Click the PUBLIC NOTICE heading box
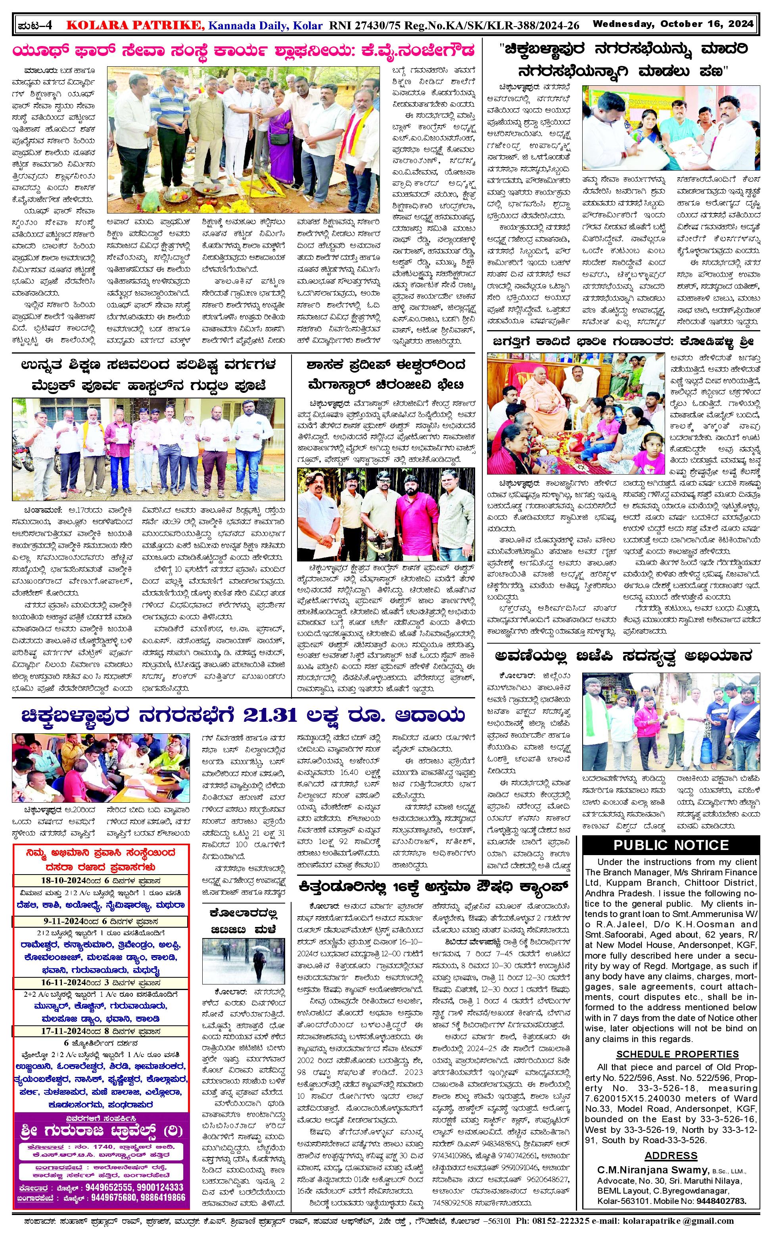(x=671, y=845)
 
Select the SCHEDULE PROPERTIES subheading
(x=677, y=1054)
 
